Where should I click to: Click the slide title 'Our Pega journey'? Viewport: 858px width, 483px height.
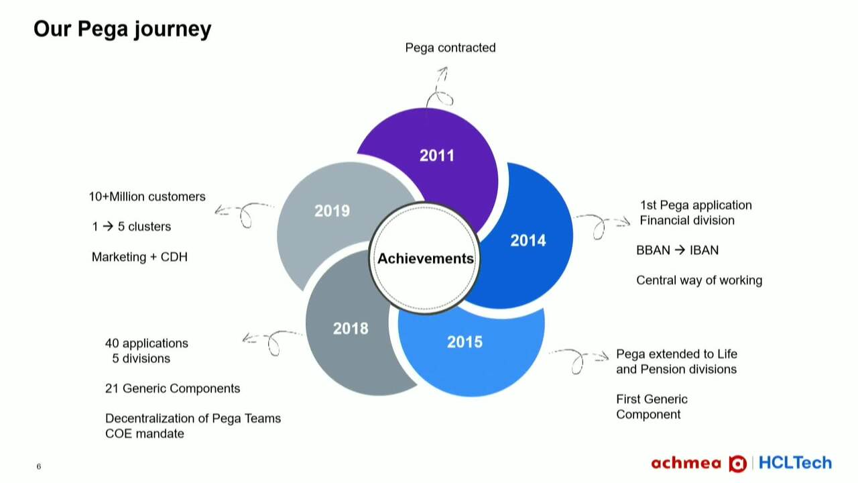122,29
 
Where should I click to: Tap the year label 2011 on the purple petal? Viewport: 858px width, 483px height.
436,156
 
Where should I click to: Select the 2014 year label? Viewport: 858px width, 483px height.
528,240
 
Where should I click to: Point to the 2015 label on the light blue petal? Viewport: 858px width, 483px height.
465,342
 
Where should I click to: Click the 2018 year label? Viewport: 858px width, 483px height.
351,328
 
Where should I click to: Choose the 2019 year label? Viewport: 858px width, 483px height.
332,211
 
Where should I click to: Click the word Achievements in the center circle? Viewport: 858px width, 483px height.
425,258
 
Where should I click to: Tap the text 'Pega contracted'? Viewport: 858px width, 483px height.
450,48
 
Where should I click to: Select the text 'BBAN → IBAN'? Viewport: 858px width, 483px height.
677,250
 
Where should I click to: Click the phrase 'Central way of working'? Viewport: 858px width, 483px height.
698,280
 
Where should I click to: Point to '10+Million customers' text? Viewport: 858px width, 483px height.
147,197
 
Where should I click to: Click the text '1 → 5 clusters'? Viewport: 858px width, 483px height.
131,227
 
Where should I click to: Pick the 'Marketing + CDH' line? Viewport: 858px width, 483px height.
139,257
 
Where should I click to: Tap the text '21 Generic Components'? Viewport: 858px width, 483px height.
172,388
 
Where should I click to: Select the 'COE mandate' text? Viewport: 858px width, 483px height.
144,433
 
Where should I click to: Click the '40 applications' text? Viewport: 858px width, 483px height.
146,343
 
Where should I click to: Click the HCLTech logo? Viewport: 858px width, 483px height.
795,463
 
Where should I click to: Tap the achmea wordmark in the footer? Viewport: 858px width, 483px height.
686,464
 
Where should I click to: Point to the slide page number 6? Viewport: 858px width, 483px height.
39,467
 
